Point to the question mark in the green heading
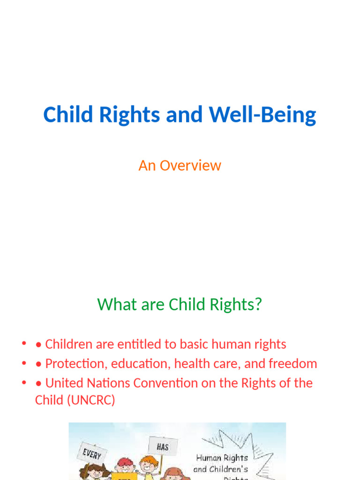click(x=257, y=305)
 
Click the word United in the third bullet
click(x=63, y=383)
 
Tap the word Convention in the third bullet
click(x=162, y=383)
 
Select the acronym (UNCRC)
click(x=93, y=401)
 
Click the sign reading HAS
click(x=162, y=446)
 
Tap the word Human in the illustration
click(x=208, y=457)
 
